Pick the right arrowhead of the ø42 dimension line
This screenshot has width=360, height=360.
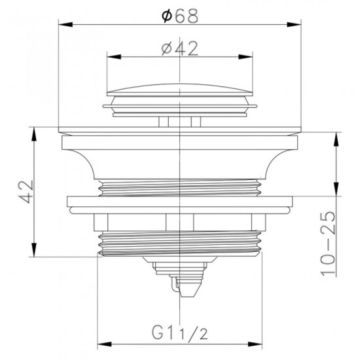pos(249,57)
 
